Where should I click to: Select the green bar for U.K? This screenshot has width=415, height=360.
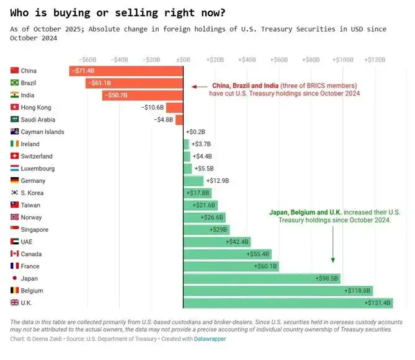coord(288,303)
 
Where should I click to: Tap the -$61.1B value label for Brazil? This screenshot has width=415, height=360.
coord(99,83)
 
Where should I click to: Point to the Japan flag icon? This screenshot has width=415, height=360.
coord(15,278)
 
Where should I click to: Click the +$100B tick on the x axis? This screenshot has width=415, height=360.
coord(342,59)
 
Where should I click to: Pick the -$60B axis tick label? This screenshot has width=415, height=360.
coord(87,59)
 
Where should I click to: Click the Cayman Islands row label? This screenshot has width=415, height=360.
coord(42,132)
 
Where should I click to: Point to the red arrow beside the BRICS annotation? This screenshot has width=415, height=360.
coord(199,87)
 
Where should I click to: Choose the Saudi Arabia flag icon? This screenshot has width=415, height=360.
coord(15,120)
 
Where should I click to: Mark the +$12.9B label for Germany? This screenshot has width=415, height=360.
coord(218,181)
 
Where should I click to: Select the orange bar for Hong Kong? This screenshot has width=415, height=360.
coord(174,107)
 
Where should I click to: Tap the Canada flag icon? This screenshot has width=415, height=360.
coord(15,254)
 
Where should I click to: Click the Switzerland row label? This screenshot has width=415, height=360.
coord(37,156)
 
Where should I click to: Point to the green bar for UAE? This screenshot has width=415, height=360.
coord(217,242)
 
